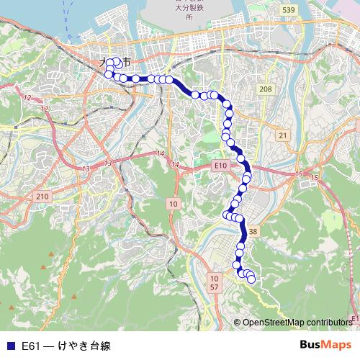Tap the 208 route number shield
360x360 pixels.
point(266,89)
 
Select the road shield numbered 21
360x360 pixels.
point(283,135)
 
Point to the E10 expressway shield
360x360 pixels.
point(220,166)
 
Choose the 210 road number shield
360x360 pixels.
point(42,197)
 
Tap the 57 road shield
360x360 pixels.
point(214,287)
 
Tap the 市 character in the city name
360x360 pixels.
point(127,63)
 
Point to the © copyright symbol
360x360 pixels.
point(237,323)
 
